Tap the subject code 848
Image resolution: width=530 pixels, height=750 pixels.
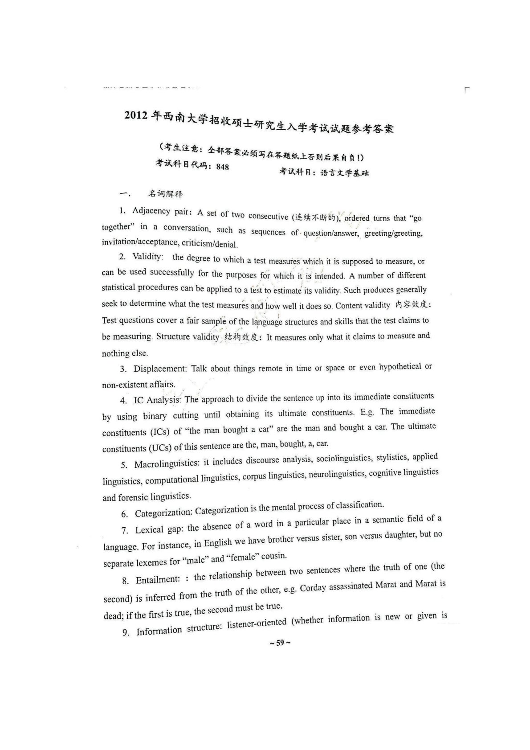[x=222, y=167]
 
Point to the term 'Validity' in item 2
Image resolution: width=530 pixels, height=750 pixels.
[x=147, y=257]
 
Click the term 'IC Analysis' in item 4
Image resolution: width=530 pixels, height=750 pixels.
[x=156, y=400]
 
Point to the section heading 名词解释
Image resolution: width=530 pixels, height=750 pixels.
[x=166, y=194]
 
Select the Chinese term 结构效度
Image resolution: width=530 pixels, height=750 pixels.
[x=241, y=337]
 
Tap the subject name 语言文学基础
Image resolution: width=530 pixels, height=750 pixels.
[x=344, y=173]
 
